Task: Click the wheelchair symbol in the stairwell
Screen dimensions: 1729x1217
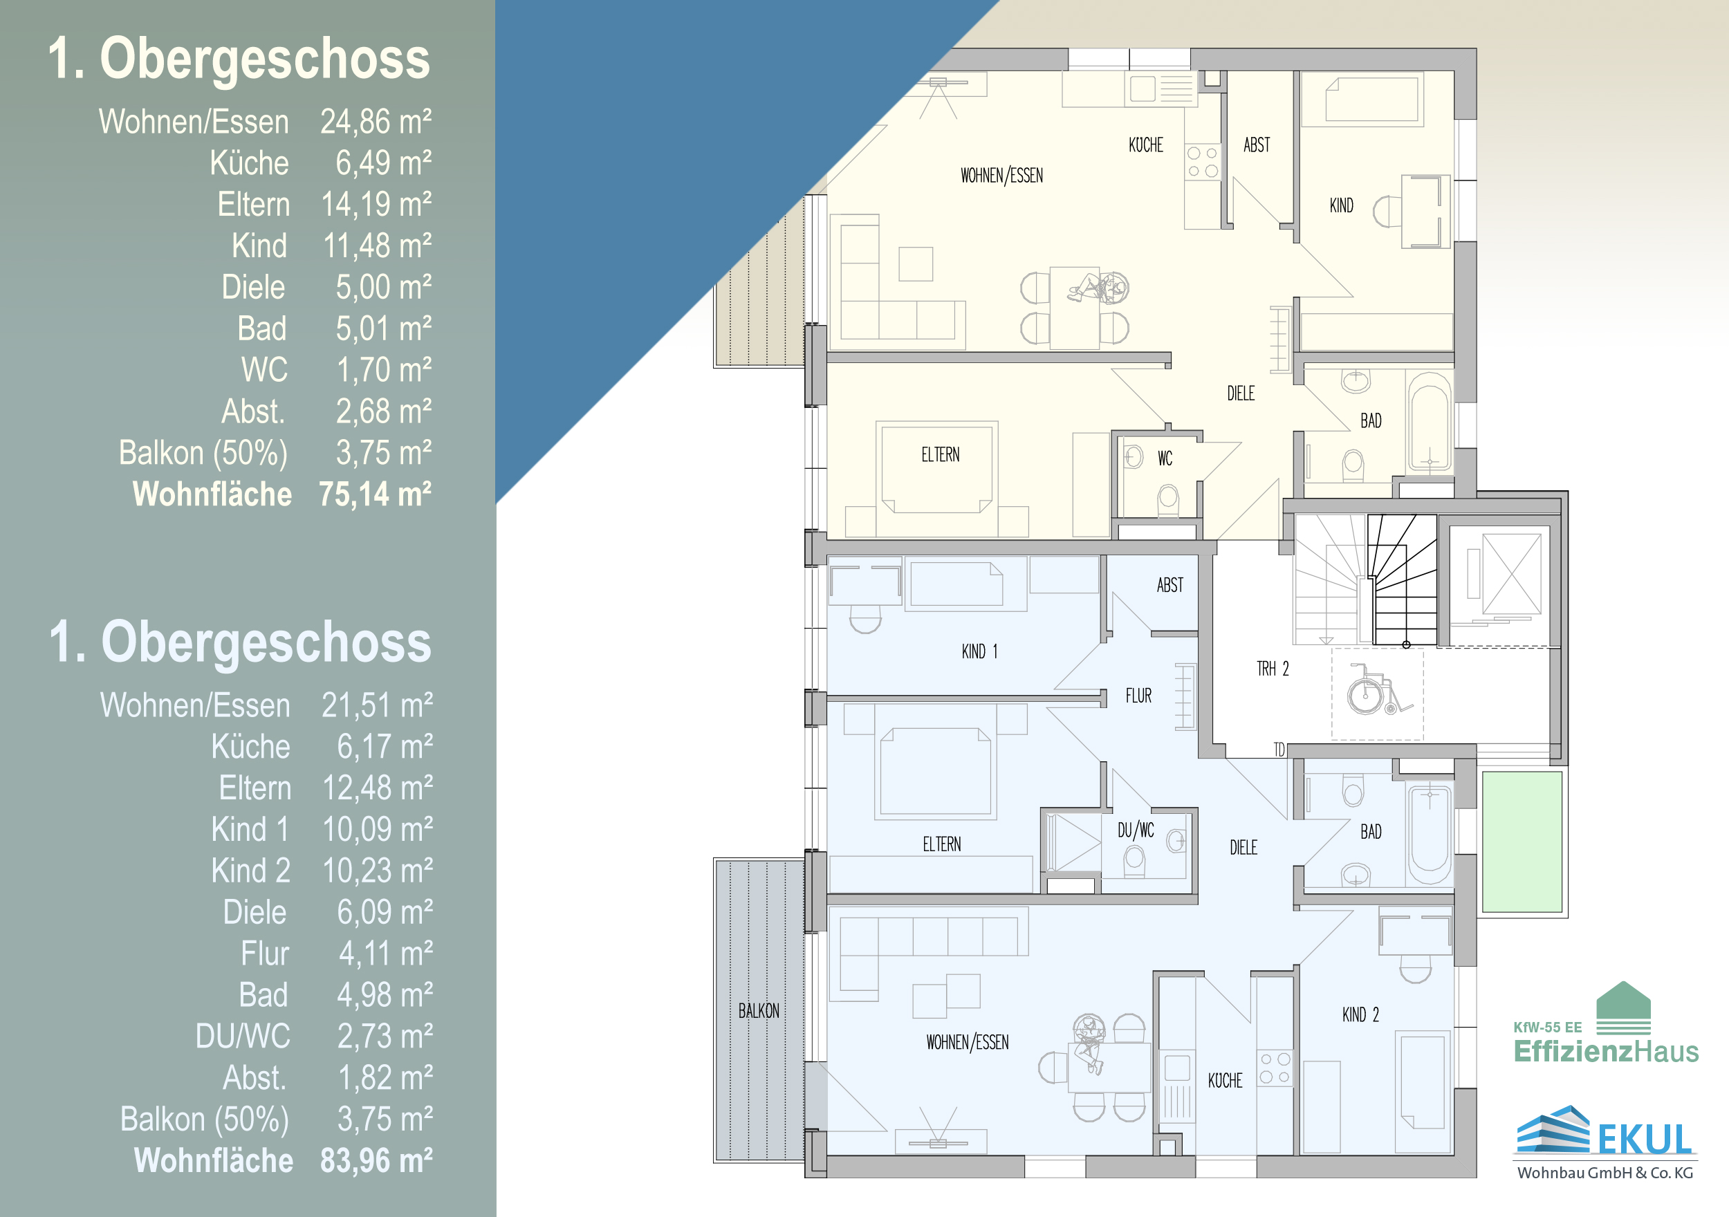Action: pyautogui.click(x=1376, y=689)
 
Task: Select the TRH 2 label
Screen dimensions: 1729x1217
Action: pyautogui.click(x=1273, y=669)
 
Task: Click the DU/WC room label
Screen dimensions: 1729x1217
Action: pyautogui.click(x=1136, y=830)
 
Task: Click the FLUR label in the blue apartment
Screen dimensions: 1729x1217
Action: pyautogui.click(x=1138, y=696)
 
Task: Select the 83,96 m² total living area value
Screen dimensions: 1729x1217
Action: pyautogui.click(x=376, y=1160)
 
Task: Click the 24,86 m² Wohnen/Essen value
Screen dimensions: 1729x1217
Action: pyautogui.click(x=376, y=121)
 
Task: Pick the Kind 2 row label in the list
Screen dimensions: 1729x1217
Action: pyautogui.click(x=251, y=871)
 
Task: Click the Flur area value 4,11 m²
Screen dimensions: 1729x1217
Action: pyautogui.click(x=385, y=954)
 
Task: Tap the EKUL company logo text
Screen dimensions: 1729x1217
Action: pyautogui.click(x=1645, y=1140)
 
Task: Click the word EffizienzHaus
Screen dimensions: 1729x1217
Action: pyautogui.click(x=1607, y=1050)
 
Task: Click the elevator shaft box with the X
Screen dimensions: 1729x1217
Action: pyautogui.click(x=1511, y=575)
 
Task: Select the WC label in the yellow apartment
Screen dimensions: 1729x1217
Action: pyautogui.click(x=1165, y=458)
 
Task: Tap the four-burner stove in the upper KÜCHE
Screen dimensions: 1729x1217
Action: pyautogui.click(x=1203, y=162)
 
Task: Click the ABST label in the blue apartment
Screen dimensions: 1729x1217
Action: pyautogui.click(x=1169, y=585)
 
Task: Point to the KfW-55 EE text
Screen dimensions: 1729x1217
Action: pyautogui.click(x=1548, y=1028)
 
